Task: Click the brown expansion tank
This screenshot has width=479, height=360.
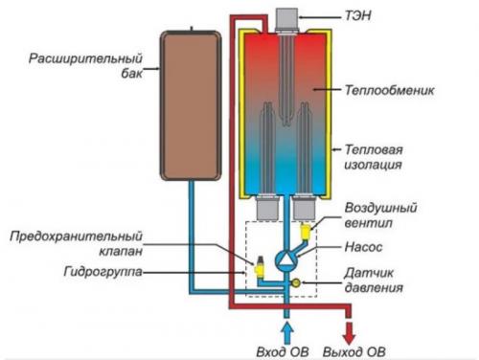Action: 190,105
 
